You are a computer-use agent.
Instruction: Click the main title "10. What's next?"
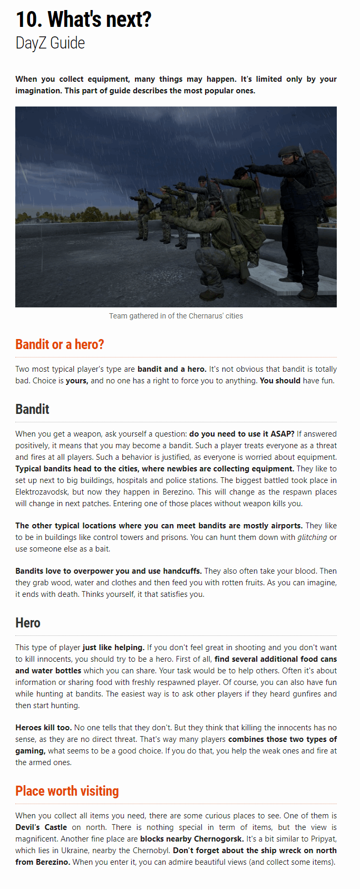(x=83, y=20)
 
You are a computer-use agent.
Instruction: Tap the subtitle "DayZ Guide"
(x=50, y=43)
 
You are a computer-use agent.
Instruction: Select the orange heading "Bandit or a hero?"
(x=60, y=344)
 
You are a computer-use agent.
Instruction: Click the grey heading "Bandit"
(x=32, y=409)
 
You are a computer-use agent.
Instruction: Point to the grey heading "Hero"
(x=28, y=623)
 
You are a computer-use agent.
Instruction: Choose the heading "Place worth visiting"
(x=67, y=791)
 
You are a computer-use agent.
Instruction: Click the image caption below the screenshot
(x=176, y=316)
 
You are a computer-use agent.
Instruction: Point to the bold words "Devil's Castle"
(x=41, y=827)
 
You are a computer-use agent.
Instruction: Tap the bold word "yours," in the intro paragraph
(x=77, y=381)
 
